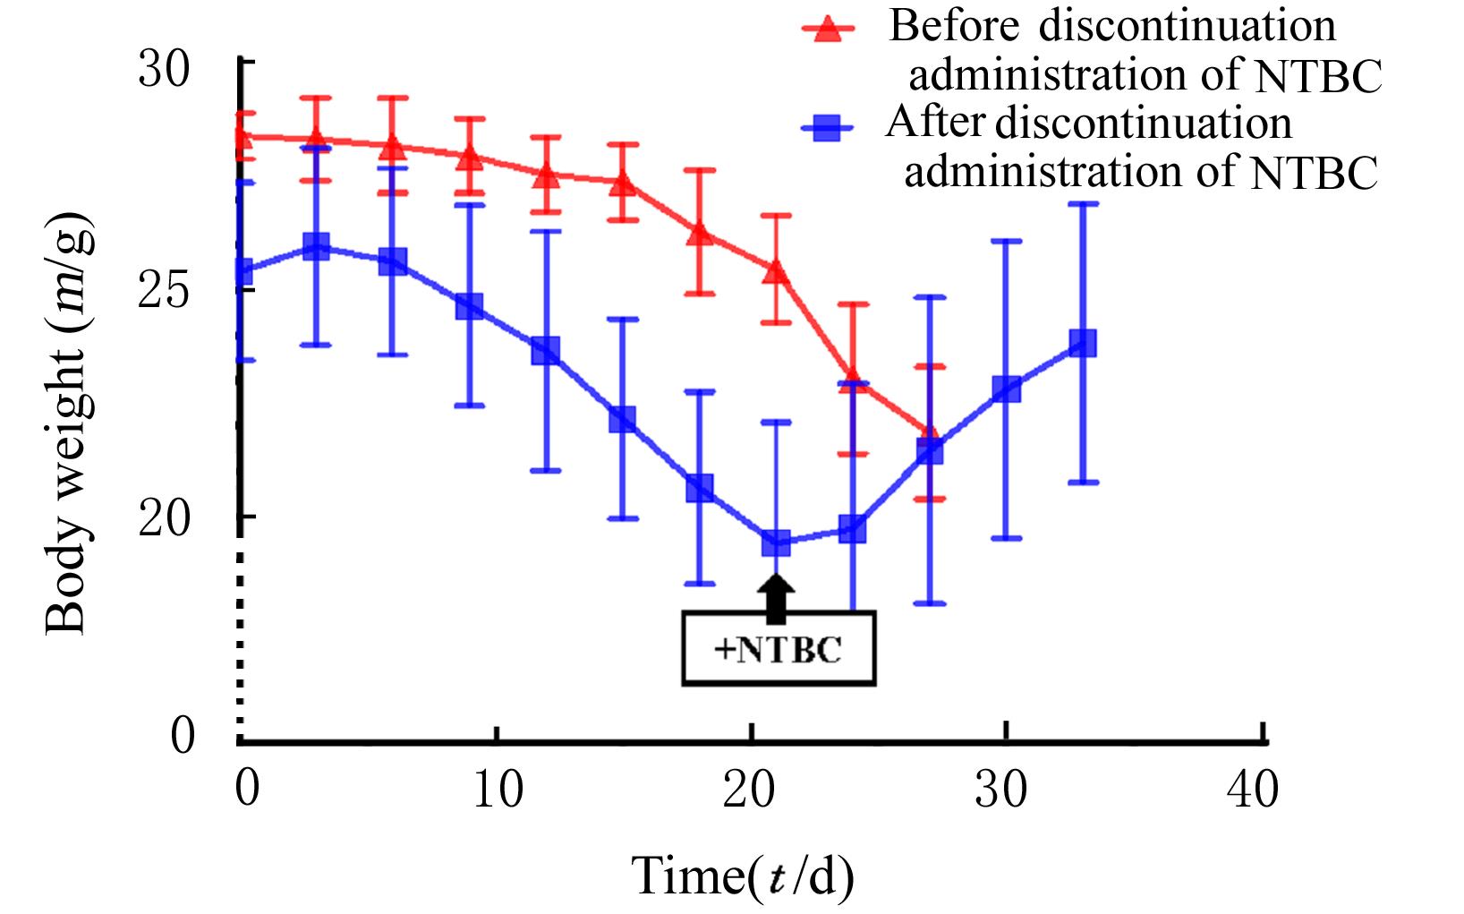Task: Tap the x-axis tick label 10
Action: (x=497, y=790)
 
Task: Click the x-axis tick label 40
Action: (x=1253, y=790)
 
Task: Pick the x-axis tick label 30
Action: (x=1001, y=790)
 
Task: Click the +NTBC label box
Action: (x=778, y=648)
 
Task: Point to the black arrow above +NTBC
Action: (x=776, y=597)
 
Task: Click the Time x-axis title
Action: (x=743, y=876)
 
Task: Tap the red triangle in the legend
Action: (x=828, y=30)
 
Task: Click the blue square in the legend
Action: (x=828, y=129)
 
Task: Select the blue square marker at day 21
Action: (x=776, y=542)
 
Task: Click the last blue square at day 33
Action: (x=1083, y=343)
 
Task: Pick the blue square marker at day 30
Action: (x=1007, y=389)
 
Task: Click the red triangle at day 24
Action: (x=853, y=379)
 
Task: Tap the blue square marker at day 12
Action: (x=546, y=350)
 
